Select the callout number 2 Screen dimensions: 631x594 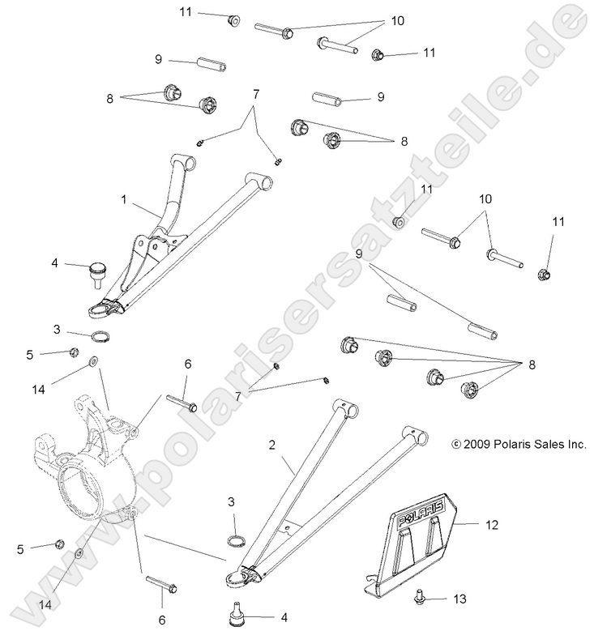click(x=273, y=444)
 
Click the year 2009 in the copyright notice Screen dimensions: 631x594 click(x=478, y=444)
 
